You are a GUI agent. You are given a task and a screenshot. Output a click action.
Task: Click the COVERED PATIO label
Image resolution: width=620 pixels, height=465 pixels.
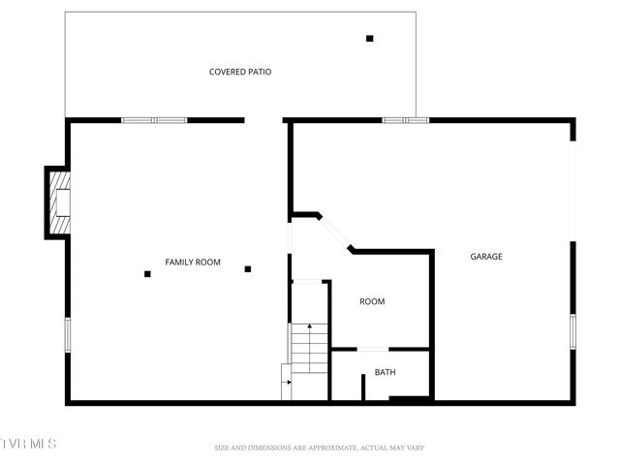point(240,72)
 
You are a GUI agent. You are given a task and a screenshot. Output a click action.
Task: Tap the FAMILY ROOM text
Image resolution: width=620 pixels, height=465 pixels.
point(193,263)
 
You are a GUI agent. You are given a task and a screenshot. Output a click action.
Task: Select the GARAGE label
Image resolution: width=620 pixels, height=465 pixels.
point(486,257)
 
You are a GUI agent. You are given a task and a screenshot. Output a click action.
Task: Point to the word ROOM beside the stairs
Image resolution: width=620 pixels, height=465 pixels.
point(372,301)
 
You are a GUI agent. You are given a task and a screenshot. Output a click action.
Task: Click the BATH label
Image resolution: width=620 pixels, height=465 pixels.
point(386,372)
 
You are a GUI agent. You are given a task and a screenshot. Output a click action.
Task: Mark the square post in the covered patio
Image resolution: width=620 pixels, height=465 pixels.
point(369,39)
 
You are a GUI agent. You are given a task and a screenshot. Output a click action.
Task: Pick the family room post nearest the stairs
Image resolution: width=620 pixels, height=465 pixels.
point(248,269)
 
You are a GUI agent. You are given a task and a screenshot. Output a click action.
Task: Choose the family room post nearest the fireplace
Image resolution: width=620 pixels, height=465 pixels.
point(147,274)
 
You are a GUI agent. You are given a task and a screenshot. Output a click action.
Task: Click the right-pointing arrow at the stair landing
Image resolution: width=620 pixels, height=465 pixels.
point(287,384)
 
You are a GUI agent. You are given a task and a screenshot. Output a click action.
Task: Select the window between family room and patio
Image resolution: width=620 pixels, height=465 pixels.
point(153,120)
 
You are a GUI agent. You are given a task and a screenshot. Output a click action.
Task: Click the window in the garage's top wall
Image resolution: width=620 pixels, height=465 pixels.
point(405,120)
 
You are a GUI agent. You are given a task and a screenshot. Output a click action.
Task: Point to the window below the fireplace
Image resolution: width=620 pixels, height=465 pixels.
point(68,334)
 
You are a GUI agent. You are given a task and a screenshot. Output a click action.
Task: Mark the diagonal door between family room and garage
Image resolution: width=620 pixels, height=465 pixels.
point(334,232)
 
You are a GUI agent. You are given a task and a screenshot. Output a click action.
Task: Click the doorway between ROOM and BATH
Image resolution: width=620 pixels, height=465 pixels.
point(373,349)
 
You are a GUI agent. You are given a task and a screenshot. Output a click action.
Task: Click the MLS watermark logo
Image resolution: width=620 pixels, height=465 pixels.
point(29,444)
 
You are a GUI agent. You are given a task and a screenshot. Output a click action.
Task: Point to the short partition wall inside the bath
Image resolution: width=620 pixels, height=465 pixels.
point(363,387)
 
